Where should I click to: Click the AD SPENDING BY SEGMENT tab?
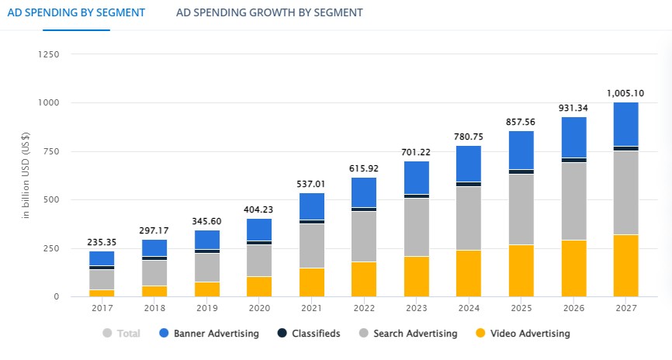click(x=75, y=12)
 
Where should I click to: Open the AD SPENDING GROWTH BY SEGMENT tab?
click(x=269, y=12)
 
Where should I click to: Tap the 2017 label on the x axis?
click(x=102, y=308)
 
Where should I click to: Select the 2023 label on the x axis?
click(x=416, y=308)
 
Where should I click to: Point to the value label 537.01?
click(x=311, y=183)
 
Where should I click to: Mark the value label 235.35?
click(x=102, y=241)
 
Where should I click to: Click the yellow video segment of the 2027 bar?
click(x=625, y=265)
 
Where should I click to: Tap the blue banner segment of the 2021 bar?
click(x=311, y=206)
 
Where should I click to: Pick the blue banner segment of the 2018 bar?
click(x=154, y=247)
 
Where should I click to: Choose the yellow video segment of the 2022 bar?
click(x=364, y=279)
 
